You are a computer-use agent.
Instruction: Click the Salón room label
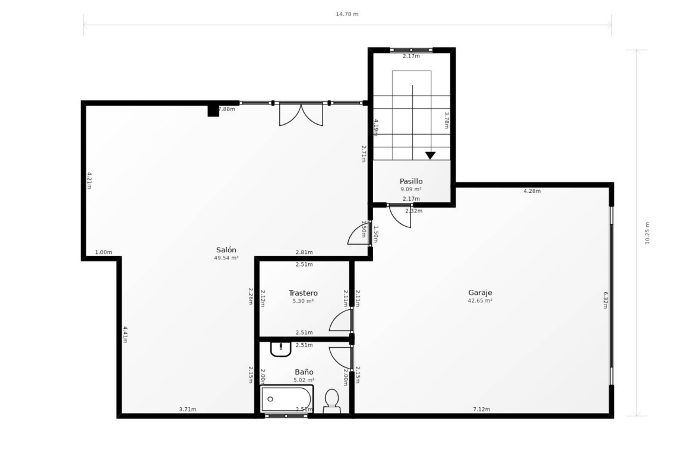pos(226,250)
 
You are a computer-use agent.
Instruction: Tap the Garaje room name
pos(480,293)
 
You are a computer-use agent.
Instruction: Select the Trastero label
pos(303,293)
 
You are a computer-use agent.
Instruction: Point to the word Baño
pos(304,372)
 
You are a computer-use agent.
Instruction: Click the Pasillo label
pos(411,181)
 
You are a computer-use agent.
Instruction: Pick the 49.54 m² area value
pos(226,258)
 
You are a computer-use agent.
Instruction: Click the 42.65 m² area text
pos(480,301)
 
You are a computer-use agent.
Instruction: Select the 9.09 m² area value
pos(411,189)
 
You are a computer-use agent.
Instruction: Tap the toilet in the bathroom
pos(331,401)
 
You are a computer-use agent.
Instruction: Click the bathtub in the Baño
pos(286,399)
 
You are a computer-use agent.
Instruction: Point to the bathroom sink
pos(280,349)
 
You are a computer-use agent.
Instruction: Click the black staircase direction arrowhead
pos(431,156)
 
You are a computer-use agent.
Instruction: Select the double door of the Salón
pos(301,115)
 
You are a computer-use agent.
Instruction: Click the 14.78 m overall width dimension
pos(347,14)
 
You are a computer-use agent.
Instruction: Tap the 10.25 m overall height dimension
pos(647,233)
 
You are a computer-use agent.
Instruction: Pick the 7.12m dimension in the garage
pos(482,409)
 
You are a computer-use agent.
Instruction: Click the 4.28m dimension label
pos(532,191)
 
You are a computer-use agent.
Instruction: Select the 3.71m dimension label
pos(188,409)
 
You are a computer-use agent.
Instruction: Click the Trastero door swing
pos(340,320)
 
